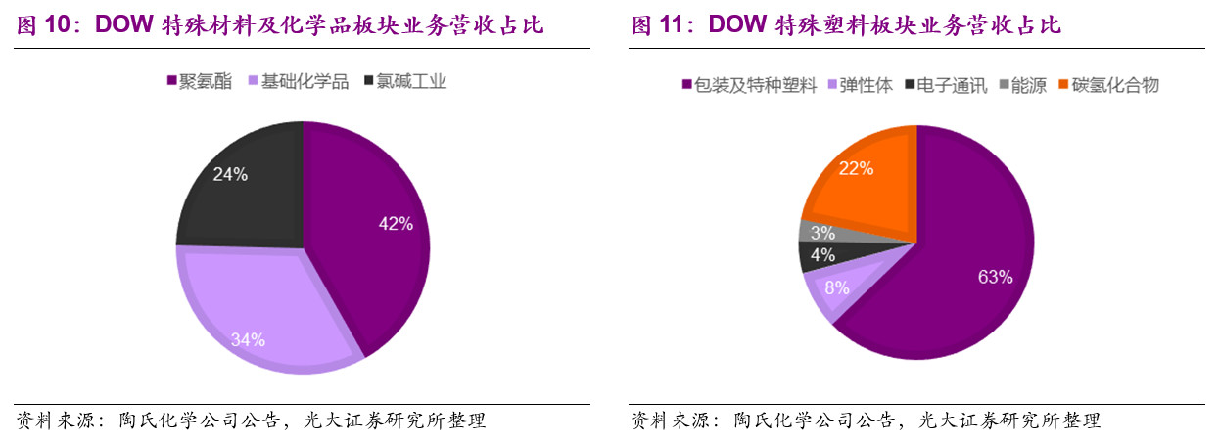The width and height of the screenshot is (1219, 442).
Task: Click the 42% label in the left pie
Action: click(396, 223)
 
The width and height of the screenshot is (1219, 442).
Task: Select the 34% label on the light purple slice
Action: click(248, 340)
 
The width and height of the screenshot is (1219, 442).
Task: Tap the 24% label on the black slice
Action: click(230, 175)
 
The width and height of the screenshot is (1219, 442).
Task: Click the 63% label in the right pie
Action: click(994, 278)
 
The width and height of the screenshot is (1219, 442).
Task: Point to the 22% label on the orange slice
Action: click(856, 168)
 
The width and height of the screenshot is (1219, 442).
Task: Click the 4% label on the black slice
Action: click(821, 256)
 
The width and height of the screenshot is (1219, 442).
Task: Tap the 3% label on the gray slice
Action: click(821, 233)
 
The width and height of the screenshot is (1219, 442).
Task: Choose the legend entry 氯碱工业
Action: click(410, 82)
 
